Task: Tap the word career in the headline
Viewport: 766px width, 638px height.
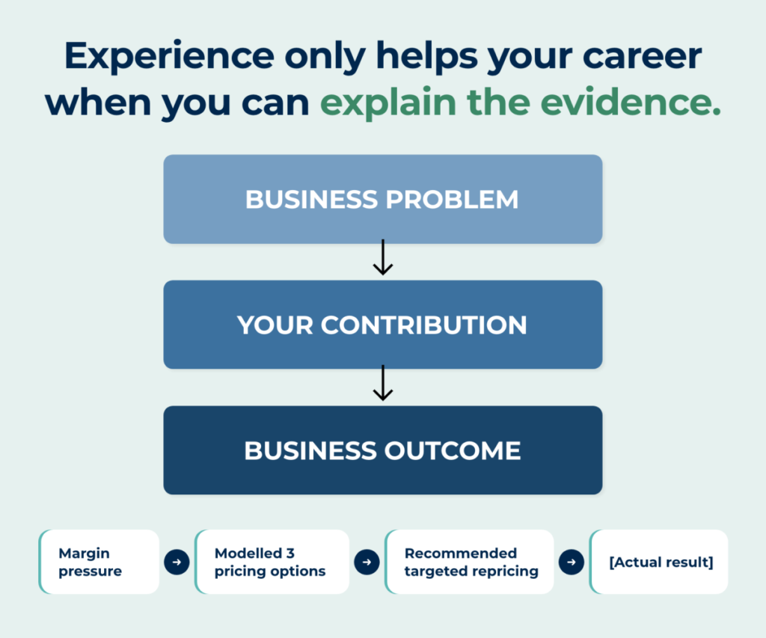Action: [x=643, y=57]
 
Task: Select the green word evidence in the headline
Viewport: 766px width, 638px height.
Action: [x=631, y=102]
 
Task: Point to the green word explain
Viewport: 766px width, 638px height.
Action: [x=388, y=103]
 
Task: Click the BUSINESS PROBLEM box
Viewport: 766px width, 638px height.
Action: [x=382, y=199]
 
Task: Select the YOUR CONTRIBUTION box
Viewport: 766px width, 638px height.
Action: [x=382, y=325]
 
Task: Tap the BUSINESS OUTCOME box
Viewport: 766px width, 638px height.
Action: [x=382, y=450]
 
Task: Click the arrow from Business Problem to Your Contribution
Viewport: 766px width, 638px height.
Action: [x=383, y=257]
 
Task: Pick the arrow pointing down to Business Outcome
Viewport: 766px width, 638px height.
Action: [x=383, y=382]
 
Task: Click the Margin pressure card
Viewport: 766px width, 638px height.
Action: [x=99, y=562]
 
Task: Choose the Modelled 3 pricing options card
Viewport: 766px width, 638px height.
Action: [x=272, y=562]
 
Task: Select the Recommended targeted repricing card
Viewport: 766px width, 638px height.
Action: [x=470, y=562]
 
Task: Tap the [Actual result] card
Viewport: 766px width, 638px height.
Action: [x=658, y=562]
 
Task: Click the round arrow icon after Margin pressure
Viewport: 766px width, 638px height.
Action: [x=177, y=562]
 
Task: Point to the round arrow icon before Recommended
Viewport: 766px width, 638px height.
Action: [x=367, y=562]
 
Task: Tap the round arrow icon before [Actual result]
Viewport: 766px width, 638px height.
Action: [x=572, y=562]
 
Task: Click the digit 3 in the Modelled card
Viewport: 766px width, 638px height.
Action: [x=290, y=553]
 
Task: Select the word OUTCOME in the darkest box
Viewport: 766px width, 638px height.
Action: [x=453, y=450]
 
